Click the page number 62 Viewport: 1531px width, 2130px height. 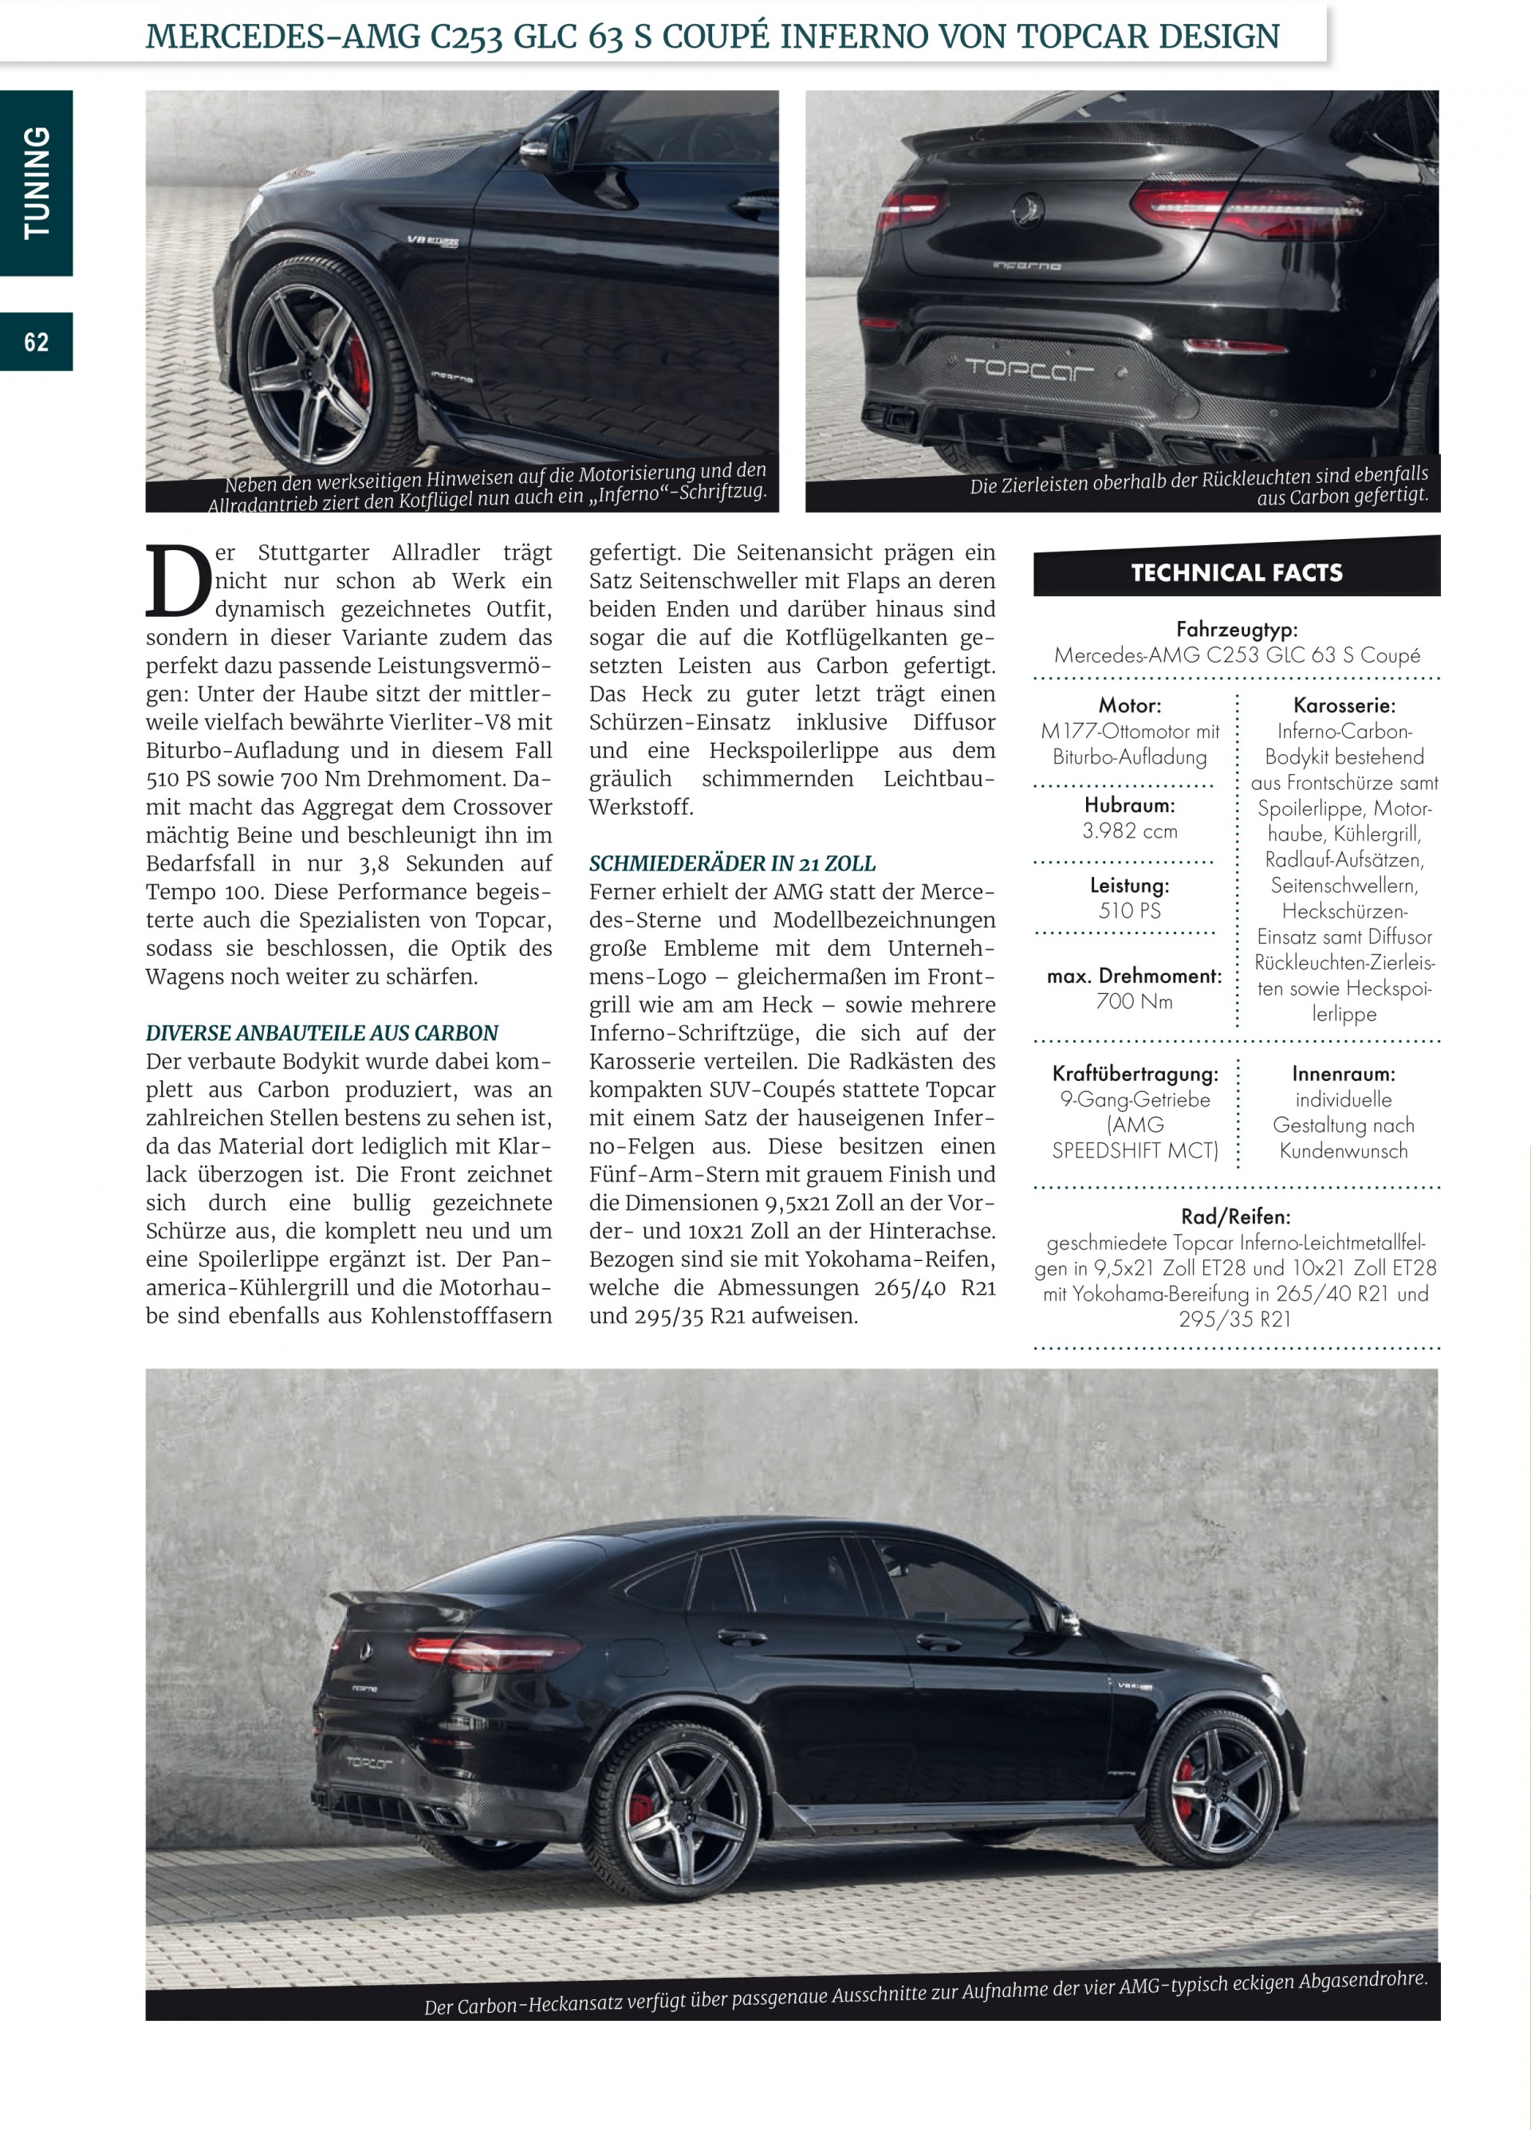(x=37, y=342)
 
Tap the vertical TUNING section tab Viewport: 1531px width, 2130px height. (x=37, y=183)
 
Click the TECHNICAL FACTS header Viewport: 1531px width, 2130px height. (x=1236, y=572)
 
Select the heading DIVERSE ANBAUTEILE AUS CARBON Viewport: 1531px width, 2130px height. (x=321, y=1033)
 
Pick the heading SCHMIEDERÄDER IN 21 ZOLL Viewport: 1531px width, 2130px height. (x=732, y=863)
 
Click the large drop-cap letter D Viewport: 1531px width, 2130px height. (x=178, y=582)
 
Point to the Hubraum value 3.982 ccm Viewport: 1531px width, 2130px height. (x=1129, y=830)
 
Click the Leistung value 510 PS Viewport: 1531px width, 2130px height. (x=1129, y=910)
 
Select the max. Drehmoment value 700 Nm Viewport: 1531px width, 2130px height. (x=1134, y=1001)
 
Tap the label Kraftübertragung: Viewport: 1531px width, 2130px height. (x=1135, y=1074)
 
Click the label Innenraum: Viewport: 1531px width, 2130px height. (x=1343, y=1074)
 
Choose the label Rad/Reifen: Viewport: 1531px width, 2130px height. (x=1235, y=1216)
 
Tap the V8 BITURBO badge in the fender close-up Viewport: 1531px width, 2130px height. (x=432, y=242)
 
